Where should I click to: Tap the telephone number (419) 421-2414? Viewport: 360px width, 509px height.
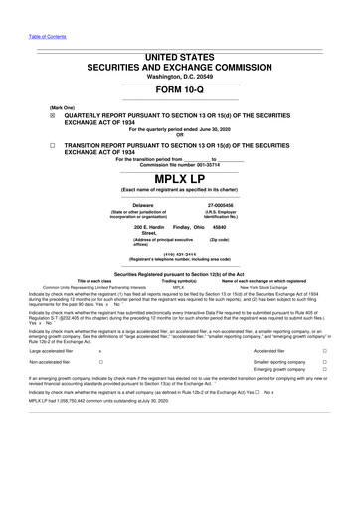(x=179, y=254)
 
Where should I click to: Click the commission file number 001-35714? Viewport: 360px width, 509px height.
(x=208, y=164)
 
